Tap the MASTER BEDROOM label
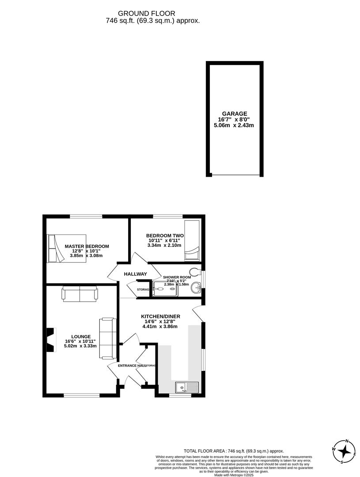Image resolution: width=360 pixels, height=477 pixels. tap(87, 246)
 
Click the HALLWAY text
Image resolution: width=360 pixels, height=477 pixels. tap(135, 274)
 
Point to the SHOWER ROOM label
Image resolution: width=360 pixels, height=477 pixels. tap(177, 277)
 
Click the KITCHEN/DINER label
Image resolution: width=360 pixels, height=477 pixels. tap(160, 317)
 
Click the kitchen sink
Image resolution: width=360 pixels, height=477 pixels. tap(187, 387)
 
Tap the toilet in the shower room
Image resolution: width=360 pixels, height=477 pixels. tap(193, 272)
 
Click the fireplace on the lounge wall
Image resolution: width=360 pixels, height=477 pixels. tap(52, 340)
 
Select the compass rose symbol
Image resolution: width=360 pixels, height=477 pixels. tap(344, 451)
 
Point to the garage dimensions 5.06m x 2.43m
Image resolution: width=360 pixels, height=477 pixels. tap(234, 125)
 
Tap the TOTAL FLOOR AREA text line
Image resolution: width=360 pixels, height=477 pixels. tap(234, 451)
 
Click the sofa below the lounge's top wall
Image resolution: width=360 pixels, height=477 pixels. tap(80, 294)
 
